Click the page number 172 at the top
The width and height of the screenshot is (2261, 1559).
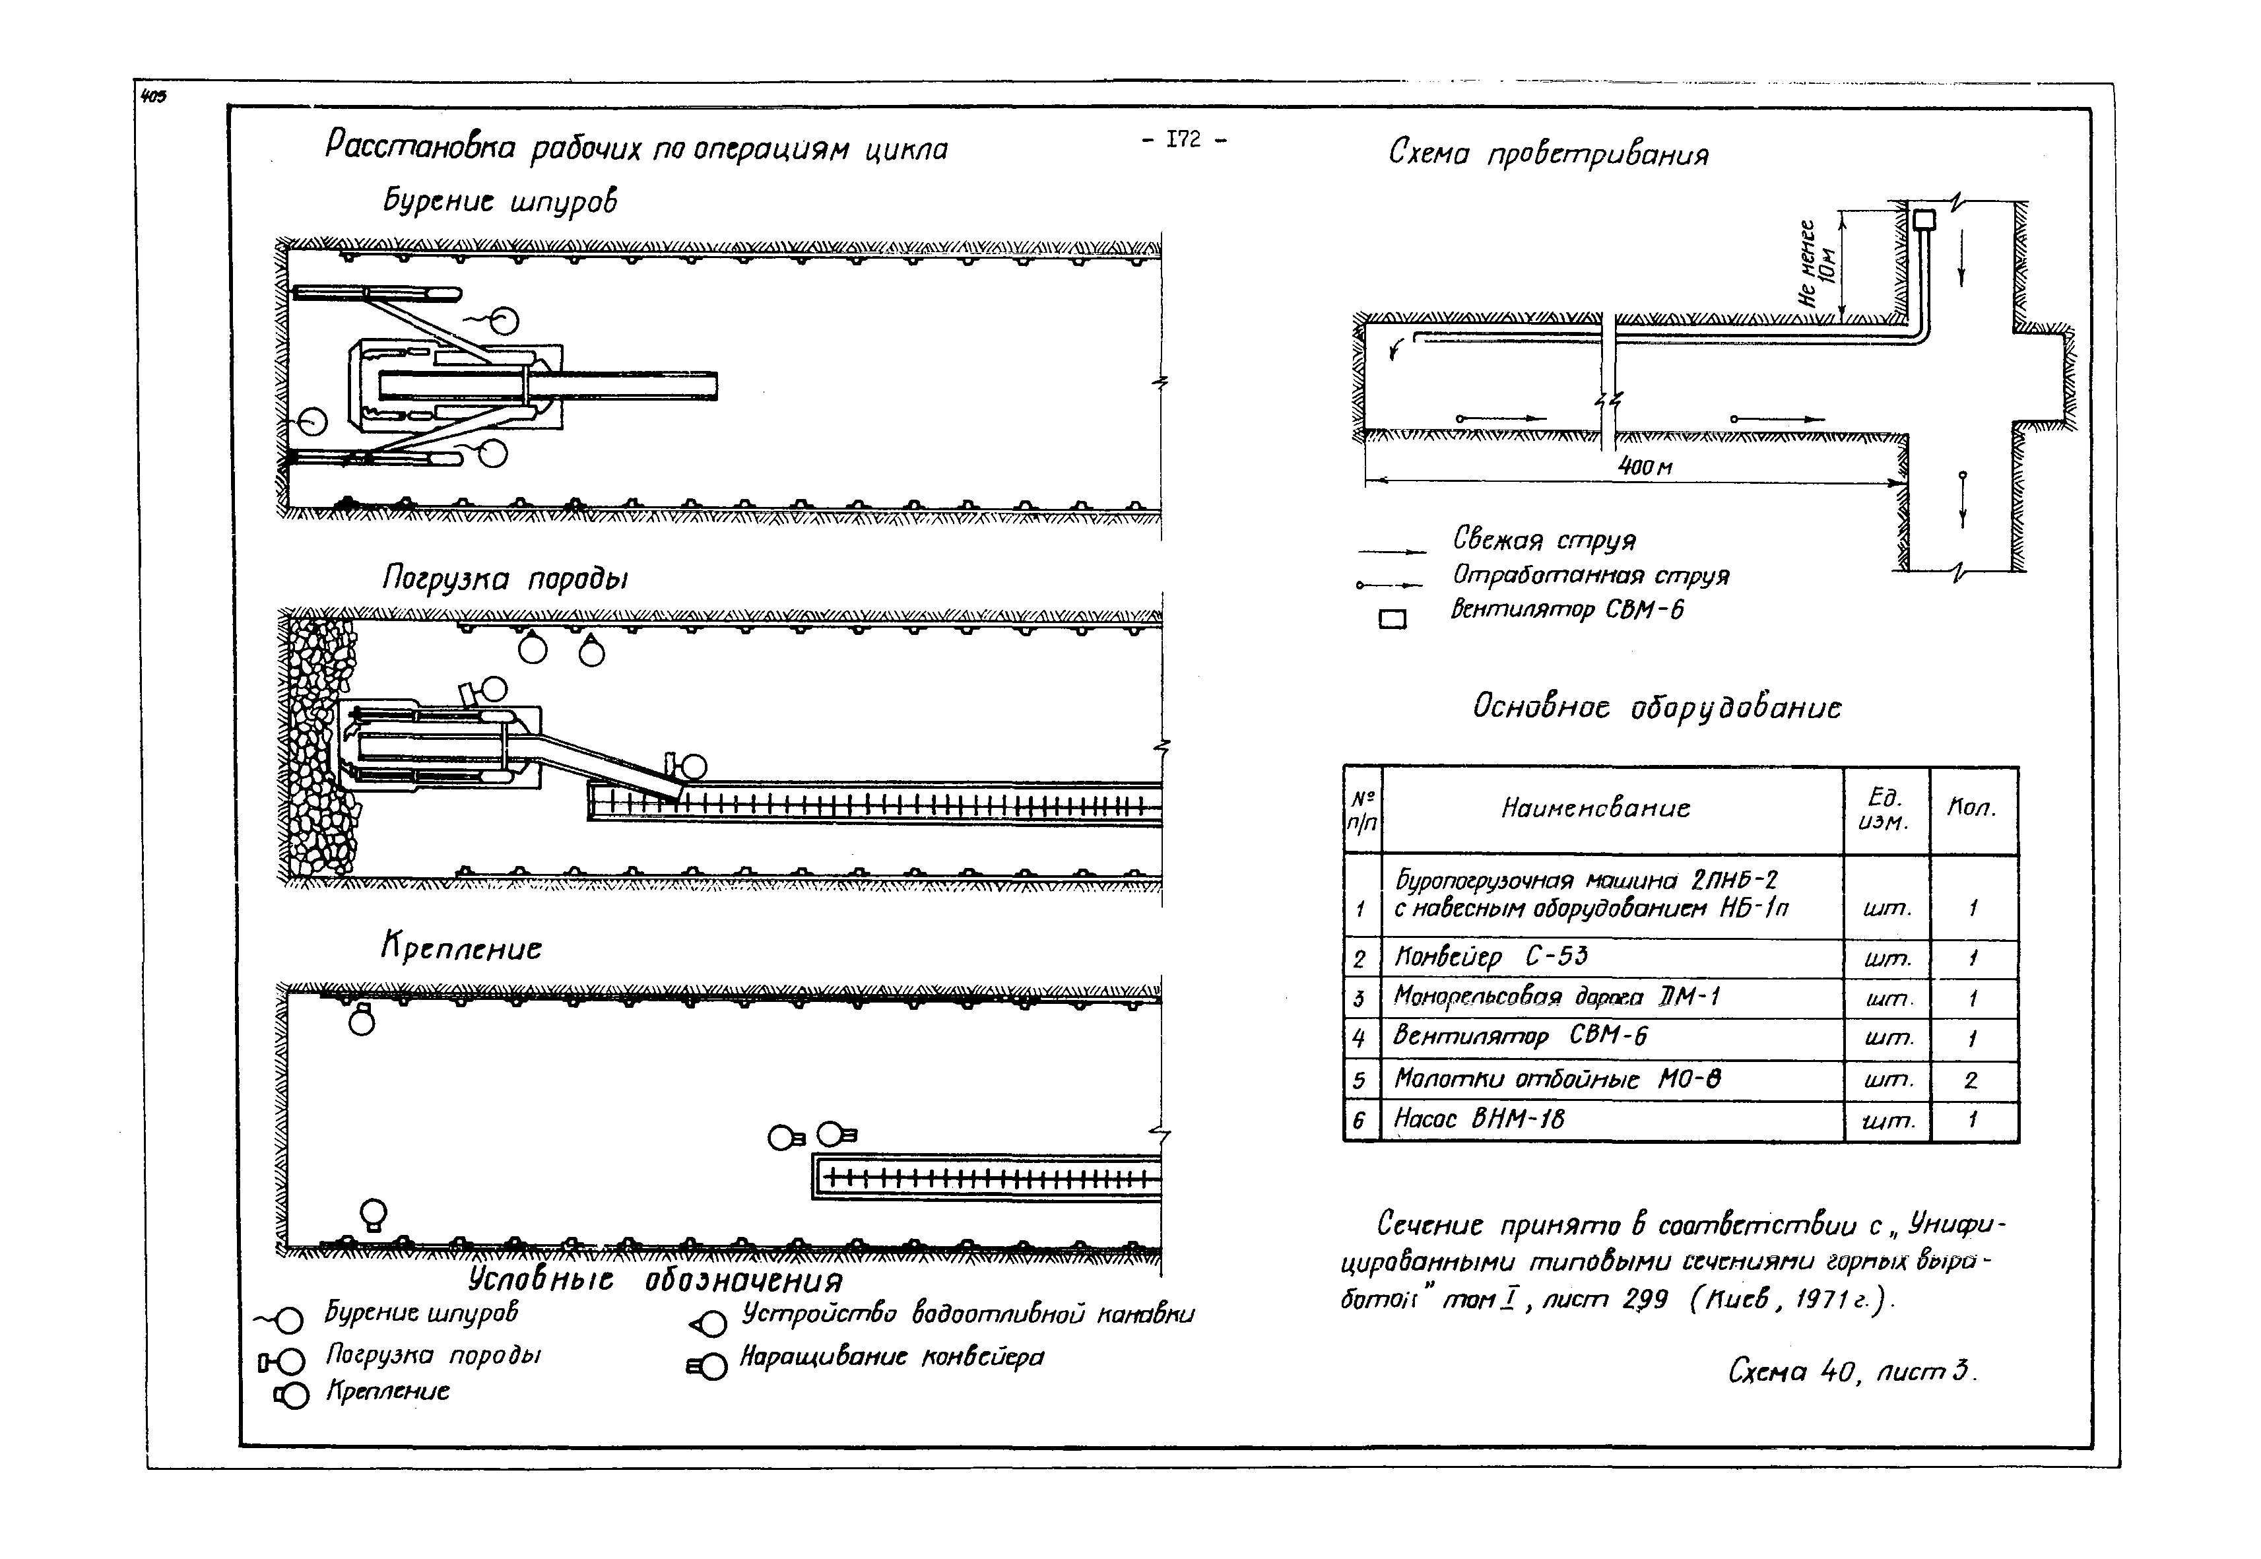[x=1183, y=140]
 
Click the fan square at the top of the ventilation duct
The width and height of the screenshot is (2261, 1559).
[x=1923, y=219]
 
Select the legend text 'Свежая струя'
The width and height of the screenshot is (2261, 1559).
[x=1543, y=539]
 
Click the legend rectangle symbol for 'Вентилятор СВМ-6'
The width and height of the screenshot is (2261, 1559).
[x=1393, y=618]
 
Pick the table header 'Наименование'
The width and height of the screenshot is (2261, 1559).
[x=1595, y=808]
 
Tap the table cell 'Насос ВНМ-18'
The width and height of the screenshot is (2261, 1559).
[x=1479, y=1119]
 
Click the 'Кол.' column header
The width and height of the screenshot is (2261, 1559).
[x=1971, y=808]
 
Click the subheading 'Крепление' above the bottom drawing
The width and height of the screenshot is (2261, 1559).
[x=461, y=948]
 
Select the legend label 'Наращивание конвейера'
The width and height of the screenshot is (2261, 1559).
[x=891, y=1357]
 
